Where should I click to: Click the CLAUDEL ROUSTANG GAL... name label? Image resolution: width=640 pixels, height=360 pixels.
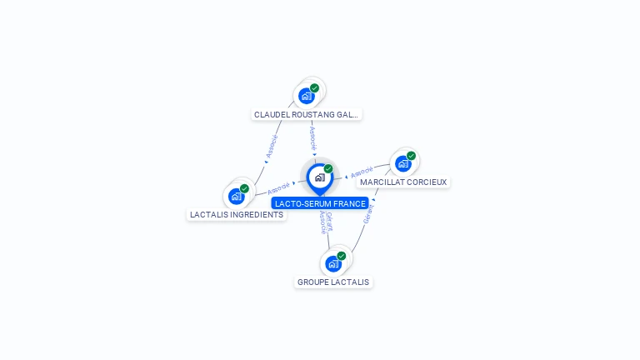click(307, 114)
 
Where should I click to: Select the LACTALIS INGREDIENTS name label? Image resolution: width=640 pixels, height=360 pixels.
click(237, 214)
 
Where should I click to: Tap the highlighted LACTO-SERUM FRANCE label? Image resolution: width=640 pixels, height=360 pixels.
click(320, 203)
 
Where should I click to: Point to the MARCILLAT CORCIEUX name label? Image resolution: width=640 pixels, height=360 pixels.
click(403, 182)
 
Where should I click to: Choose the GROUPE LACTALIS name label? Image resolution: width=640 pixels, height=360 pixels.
click(333, 282)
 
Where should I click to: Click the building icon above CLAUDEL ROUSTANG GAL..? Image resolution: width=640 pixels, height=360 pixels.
click(307, 96)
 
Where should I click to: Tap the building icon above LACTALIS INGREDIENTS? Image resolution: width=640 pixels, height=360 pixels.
click(237, 197)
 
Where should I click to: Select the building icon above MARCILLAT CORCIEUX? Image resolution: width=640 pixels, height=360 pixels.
click(403, 163)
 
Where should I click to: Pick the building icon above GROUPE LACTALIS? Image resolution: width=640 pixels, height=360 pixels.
click(333, 264)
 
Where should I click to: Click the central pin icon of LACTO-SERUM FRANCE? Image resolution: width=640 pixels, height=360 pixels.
click(319, 177)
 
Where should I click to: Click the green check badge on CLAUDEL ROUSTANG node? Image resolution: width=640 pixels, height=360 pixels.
click(314, 87)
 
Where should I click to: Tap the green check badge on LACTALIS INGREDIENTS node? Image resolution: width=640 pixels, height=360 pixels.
click(244, 188)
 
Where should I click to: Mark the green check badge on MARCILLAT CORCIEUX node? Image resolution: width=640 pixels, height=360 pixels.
click(411, 156)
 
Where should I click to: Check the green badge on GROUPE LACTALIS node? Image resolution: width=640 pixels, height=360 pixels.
click(341, 256)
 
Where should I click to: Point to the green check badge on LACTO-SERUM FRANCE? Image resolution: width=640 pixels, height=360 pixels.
click(328, 168)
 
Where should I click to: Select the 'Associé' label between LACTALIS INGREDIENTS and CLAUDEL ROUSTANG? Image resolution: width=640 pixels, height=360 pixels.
click(271, 147)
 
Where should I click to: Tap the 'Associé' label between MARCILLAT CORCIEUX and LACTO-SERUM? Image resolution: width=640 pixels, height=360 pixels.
click(362, 173)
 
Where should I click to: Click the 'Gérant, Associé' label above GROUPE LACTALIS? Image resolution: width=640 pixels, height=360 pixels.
click(326, 222)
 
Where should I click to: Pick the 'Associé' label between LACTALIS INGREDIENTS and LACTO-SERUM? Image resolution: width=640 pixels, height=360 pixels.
click(278, 187)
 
